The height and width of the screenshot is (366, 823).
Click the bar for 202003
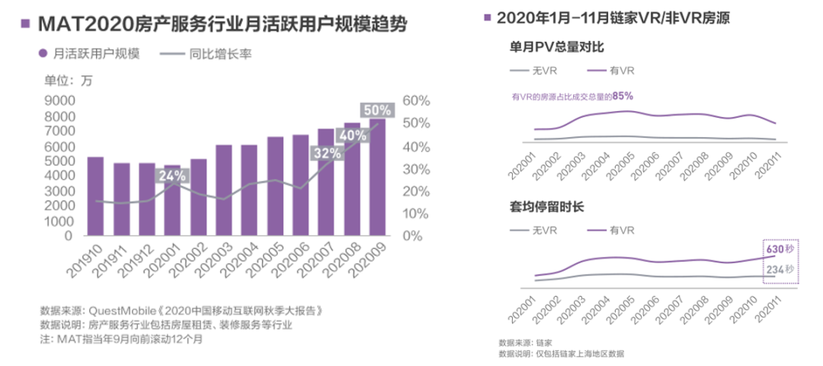pos(223,190)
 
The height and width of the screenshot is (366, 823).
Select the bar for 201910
pos(95,196)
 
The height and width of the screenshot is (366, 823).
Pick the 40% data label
pos(353,135)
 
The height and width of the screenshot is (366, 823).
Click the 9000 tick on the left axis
pos(58,100)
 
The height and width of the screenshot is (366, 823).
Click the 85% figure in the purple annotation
pos(623,96)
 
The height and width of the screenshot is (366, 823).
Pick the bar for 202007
pos(326,183)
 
